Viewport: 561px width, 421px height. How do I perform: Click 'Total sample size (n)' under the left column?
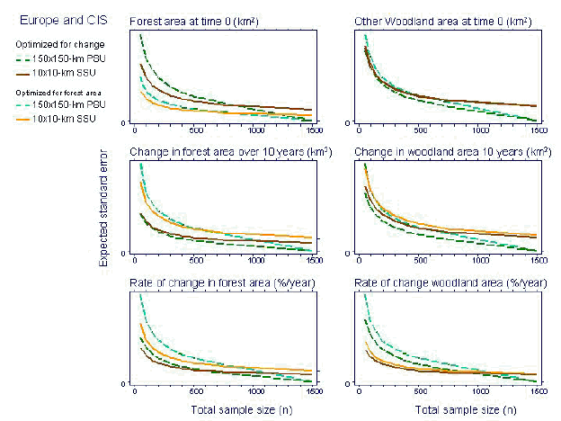pos(233,410)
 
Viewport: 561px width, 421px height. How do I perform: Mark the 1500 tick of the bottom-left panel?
pos(313,393)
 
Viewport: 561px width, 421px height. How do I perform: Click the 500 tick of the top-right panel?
pos(419,130)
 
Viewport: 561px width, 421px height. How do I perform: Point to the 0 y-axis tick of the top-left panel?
pos(124,121)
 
